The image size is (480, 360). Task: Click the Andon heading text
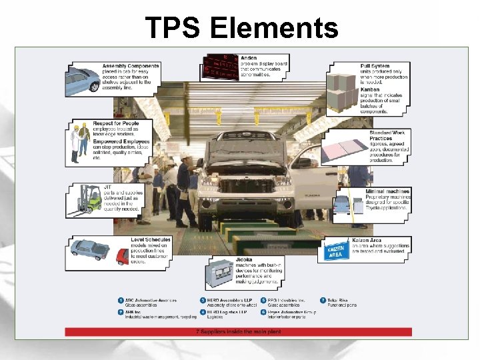pyautogui.click(x=249, y=58)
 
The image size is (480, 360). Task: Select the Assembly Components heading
pyautogui.click(x=131, y=66)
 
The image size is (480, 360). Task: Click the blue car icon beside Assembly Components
pyautogui.click(x=83, y=81)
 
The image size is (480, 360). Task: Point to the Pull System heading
pyautogui.click(x=376, y=67)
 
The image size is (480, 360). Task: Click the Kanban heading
pyautogui.click(x=370, y=89)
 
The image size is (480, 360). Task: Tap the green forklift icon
pyautogui.click(x=85, y=200)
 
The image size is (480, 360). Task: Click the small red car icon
pyautogui.click(x=122, y=255)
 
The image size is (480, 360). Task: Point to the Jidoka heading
pyautogui.click(x=244, y=259)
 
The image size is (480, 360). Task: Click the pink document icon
pyautogui.click(x=347, y=151)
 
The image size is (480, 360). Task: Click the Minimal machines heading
pyautogui.click(x=387, y=191)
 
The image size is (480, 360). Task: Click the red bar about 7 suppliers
pyautogui.click(x=239, y=331)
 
